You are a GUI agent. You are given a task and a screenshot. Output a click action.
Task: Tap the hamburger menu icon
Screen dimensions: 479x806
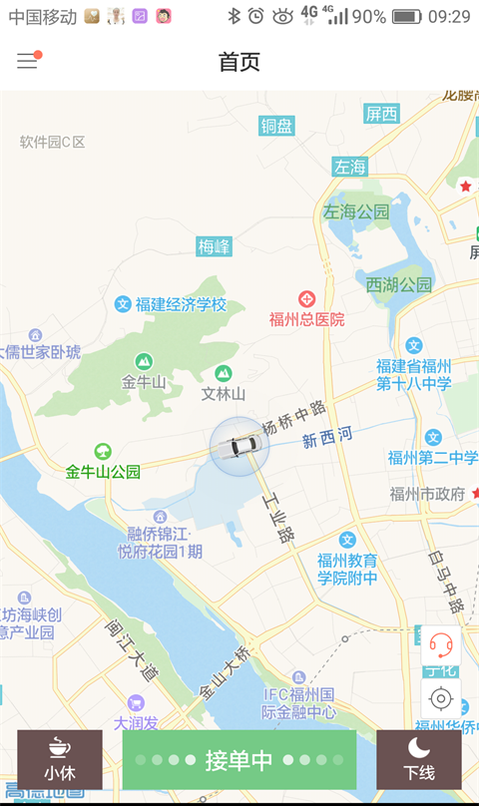(27, 61)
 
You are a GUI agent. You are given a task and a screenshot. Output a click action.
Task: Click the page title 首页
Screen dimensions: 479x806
(239, 62)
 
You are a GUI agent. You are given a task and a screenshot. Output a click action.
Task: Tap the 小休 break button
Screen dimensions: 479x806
(60, 759)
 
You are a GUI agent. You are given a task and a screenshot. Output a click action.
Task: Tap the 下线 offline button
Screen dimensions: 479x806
(419, 759)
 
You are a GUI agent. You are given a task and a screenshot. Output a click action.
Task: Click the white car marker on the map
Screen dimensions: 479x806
(239, 447)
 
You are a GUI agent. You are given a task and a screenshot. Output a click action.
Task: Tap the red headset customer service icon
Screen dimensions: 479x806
(440, 643)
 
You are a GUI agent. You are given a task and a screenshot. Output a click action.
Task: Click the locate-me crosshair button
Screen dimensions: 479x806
(440, 697)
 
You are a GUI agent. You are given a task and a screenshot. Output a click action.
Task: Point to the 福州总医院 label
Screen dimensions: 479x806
(306, 319)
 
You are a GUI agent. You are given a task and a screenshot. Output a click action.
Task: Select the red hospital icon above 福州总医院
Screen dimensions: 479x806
(307, 298)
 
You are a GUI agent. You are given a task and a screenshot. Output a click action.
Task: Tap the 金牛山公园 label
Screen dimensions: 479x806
(103, 472)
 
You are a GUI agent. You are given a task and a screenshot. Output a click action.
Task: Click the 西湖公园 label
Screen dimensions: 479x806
(399, 284)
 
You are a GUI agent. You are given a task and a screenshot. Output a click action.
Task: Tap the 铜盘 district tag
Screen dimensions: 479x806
(277, 126)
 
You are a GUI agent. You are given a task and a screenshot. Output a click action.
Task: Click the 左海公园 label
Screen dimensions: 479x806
(356, 211)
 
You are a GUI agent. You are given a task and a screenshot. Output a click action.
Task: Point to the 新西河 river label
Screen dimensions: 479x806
(327, 437)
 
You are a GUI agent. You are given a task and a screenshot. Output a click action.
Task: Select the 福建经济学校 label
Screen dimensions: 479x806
(181, 304)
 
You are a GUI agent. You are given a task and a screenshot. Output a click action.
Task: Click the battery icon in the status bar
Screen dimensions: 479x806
(406, 16)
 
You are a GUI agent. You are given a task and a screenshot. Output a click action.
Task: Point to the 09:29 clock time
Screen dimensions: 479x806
(449, 16)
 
